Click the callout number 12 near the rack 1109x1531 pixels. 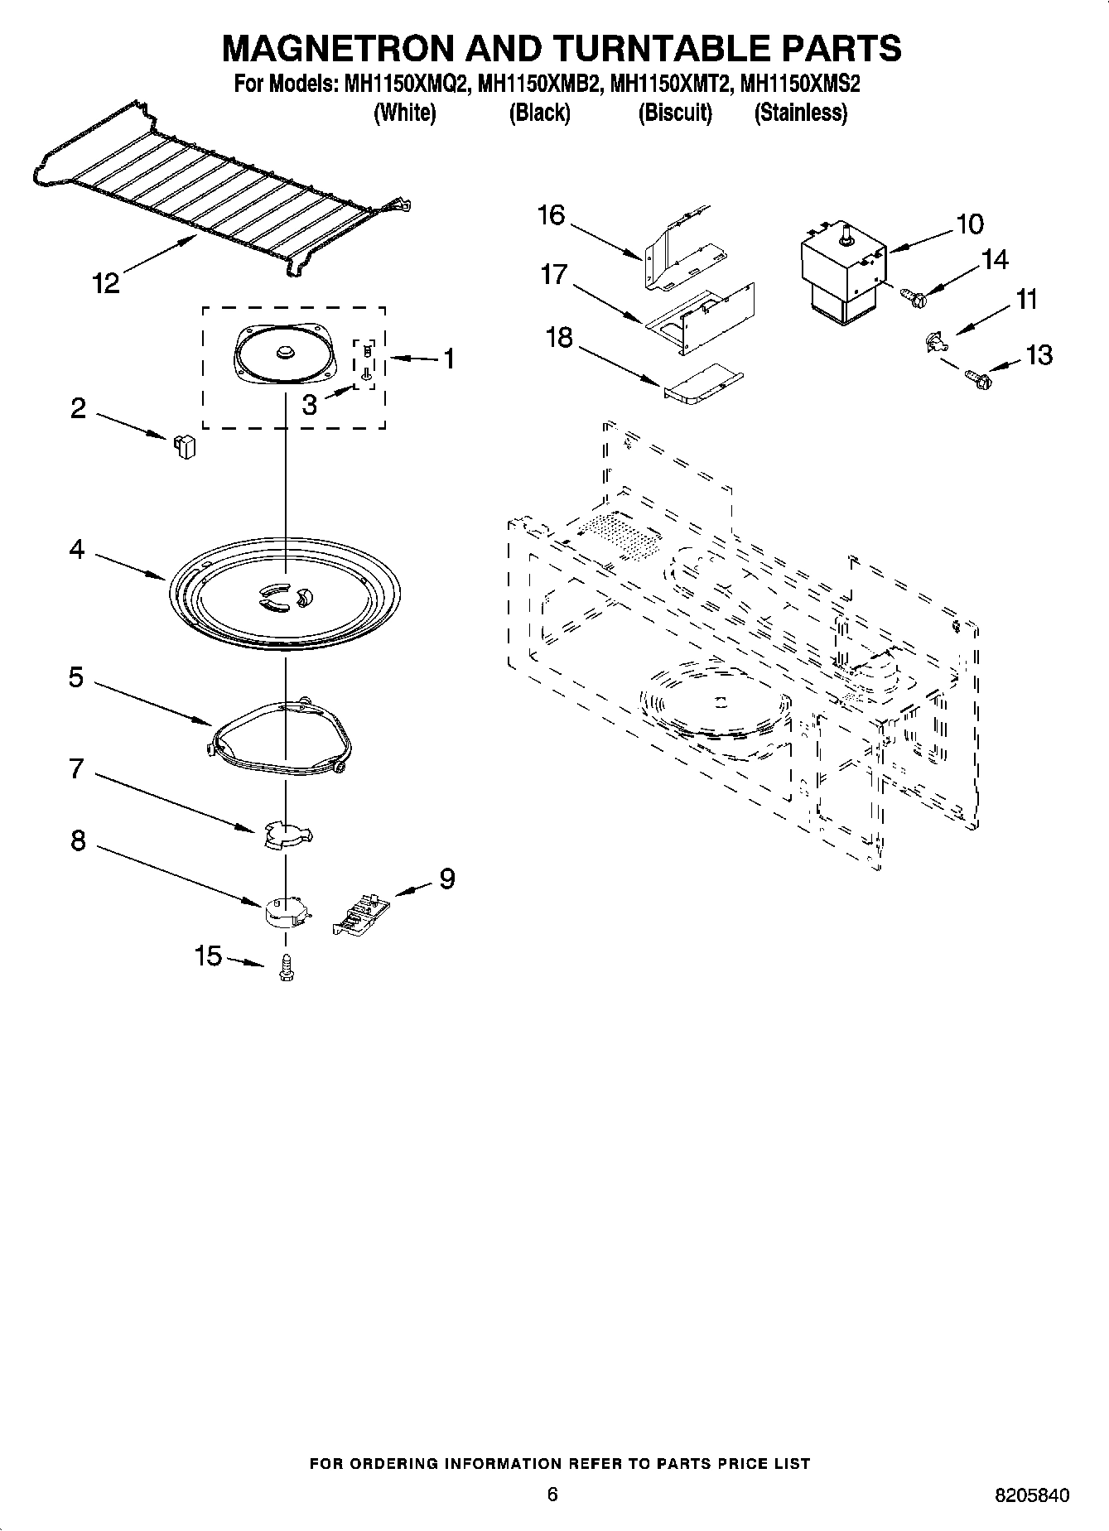(x=106, y=284)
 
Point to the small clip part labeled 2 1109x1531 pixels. (x=185, y=446)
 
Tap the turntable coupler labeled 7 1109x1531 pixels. (x=286, y=835)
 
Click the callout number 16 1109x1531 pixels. (x=551, y=215)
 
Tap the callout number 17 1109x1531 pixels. (x=554, y=275)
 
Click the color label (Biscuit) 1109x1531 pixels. (x=675, y=113)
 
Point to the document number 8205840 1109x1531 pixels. (x=1031, y=1495)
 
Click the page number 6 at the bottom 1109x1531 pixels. (x=552, y=1494)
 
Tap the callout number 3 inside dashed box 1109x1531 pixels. (x=309, y=405)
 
